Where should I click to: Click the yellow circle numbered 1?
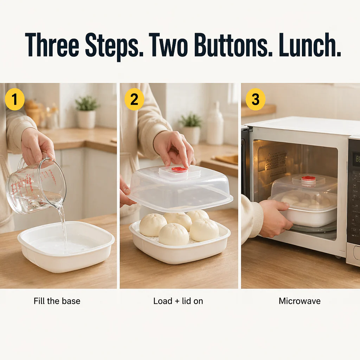coord(15,99)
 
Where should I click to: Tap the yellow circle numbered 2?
coord(134,99)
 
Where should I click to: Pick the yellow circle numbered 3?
coord(256,99)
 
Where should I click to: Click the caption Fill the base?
coord(57,301)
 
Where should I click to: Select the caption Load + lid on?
coord(178,301)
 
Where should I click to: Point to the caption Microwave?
coord(300,301)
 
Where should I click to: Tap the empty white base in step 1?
coord(66,246)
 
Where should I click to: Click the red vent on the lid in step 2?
coord(180,169)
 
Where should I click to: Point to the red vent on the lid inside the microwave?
coord(308,178)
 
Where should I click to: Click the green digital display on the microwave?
coord(358,159)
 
